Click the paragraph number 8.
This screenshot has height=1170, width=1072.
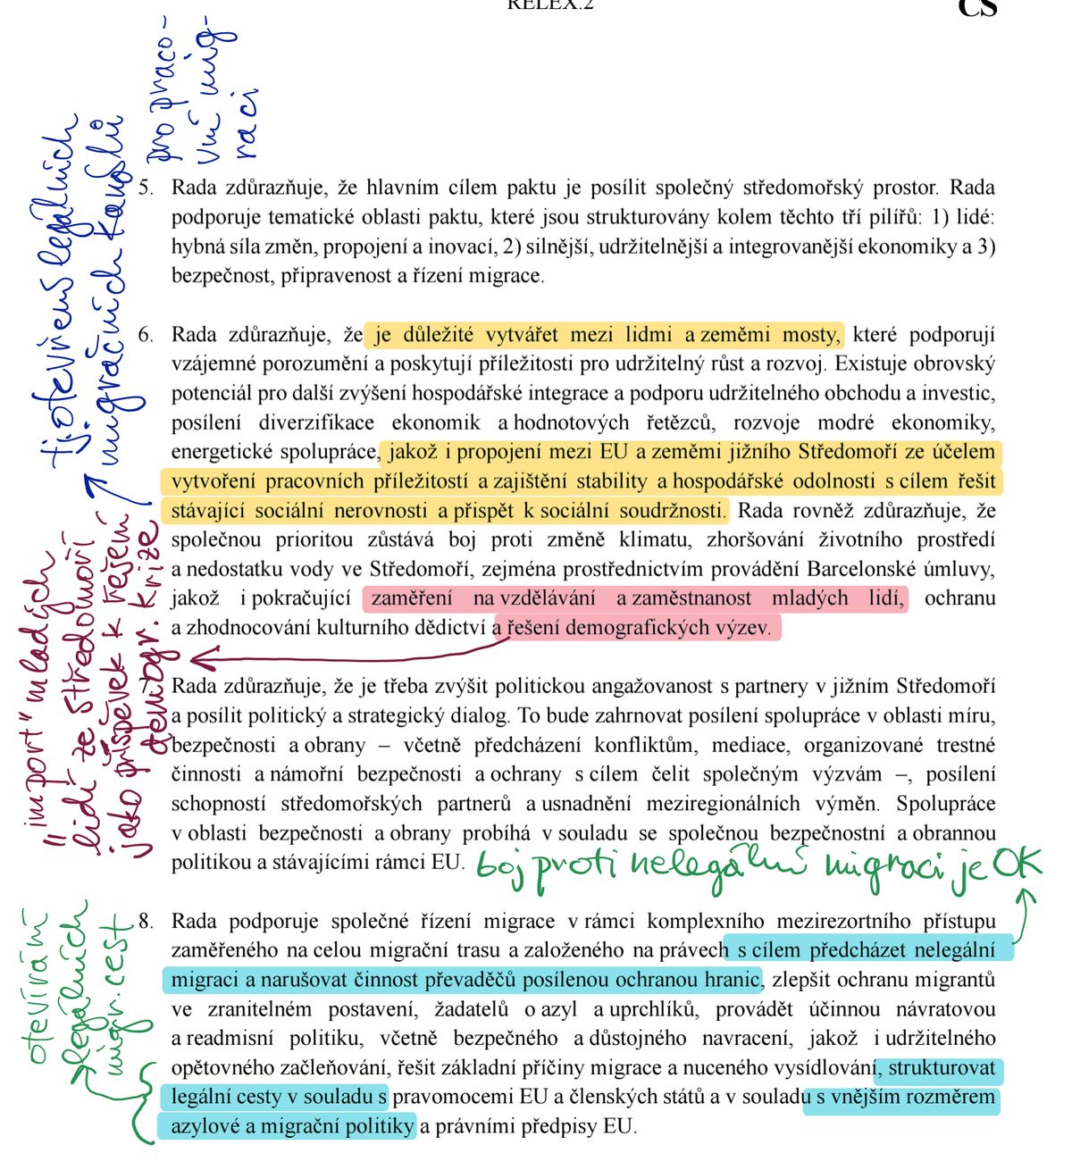click(x=147, y=921)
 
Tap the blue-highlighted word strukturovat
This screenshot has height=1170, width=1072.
click(x=942, y=1068)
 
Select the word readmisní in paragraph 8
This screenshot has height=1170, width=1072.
click(x=228, y=1039)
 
